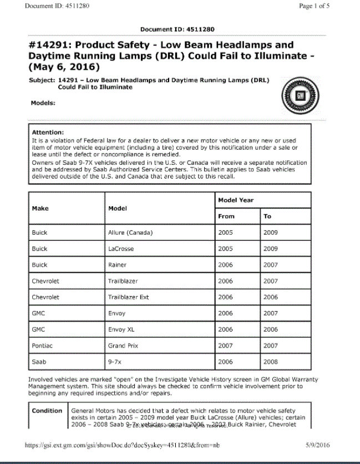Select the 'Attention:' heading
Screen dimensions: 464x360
click(x=48, y=132)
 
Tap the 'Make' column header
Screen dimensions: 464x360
click(x=40, y=208)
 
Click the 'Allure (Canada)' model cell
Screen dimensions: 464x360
click(x=130, y=232)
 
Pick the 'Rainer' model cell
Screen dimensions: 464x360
click(x=117, y=265)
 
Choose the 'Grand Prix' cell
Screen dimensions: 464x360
click(x=121, y=345)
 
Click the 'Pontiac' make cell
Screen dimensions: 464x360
click(x=42, y=345)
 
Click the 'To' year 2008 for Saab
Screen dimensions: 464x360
click(x=271, y=361)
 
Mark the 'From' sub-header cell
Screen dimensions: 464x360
click(x=227, y=216)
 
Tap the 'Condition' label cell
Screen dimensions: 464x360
click(x=47, y=411)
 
